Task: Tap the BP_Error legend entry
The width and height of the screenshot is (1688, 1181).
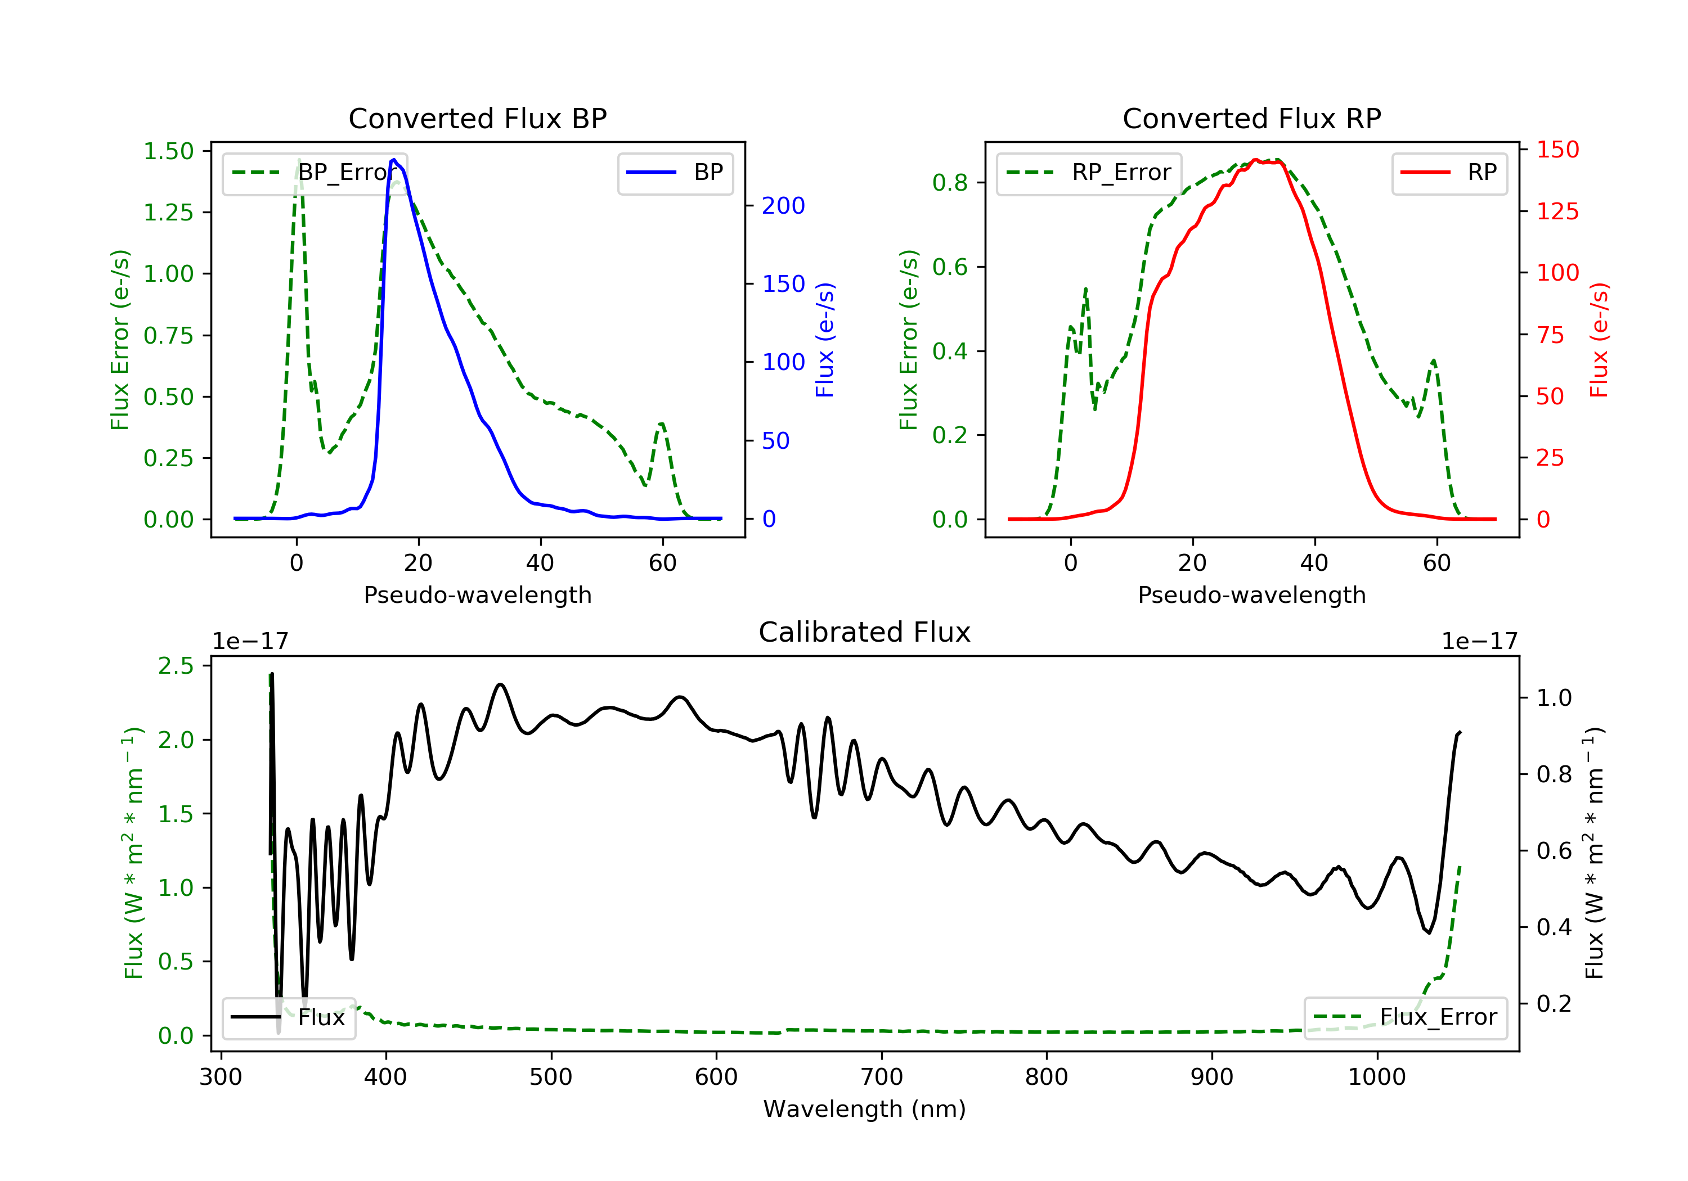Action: point(315,173)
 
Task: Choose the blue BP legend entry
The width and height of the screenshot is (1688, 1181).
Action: point(675,173)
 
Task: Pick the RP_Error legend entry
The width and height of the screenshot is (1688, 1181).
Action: point(1088,173)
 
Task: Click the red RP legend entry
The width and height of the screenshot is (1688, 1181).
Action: point(1449,173)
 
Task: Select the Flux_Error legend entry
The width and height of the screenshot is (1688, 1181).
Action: point(1405,1017)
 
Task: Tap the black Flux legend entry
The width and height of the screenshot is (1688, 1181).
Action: point(288,1017)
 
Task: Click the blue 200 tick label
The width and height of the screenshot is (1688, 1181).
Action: point(783,206)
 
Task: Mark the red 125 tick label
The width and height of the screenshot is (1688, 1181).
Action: point(1557,211)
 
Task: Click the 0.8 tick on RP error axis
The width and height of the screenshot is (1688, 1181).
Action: point(950,182)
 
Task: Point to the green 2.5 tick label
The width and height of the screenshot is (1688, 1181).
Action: point(176,666)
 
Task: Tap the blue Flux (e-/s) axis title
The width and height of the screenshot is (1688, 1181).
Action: point(825,340)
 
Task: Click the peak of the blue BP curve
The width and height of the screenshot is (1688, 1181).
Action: point(394,160)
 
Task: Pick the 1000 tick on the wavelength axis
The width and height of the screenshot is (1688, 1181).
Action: point(1376,1078)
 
